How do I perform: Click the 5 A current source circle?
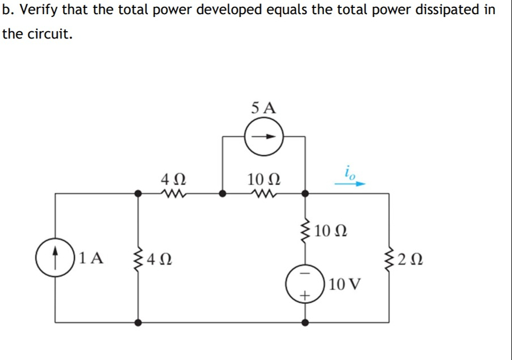coord(263,137)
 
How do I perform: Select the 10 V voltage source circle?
coord(305,282)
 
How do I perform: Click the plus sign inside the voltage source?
coord(305,295)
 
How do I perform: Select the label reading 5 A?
coord(263,107)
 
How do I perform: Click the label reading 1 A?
coord(91,258)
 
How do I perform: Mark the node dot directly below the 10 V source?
coord(305,322)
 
